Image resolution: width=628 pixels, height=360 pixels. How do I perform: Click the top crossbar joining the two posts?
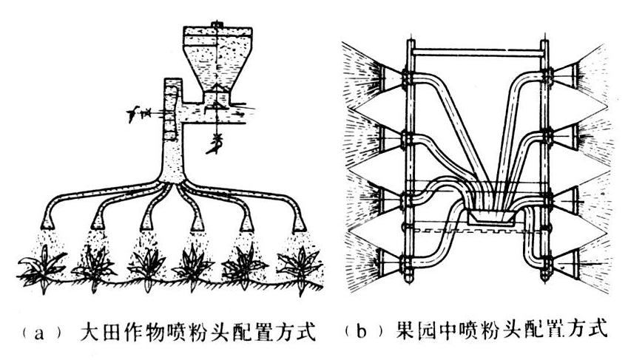[478, 51]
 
